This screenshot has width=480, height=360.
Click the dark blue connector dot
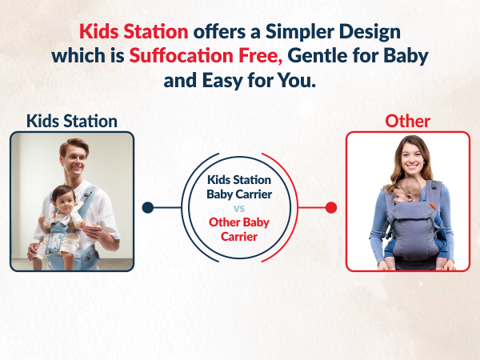point(147,207)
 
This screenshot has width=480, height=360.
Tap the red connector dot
point(331,207)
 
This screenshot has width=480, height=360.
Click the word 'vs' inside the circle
point(239,207)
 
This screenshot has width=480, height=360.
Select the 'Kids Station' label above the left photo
point(71,121)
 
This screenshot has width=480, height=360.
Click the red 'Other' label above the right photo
point(407,121)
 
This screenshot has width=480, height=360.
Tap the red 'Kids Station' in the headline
point(134,32)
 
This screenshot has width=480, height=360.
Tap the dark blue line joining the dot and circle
point(166,207)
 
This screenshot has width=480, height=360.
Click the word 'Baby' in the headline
point(403,57)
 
